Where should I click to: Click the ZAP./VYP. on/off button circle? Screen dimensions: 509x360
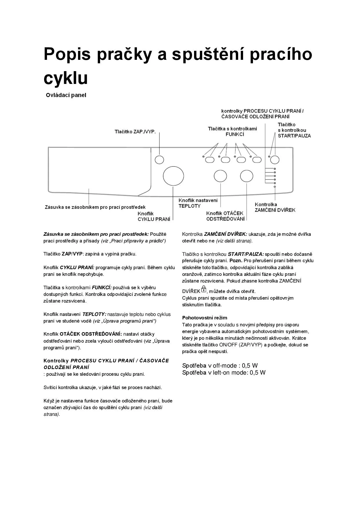click(x=159, y=160)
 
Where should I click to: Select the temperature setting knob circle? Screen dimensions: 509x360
click(x=220, y=176)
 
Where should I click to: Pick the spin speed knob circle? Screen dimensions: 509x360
click(x=246, y=176)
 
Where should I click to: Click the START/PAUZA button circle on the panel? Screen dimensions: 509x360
click(x=275, y=159)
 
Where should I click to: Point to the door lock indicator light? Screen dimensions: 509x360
click(x=274, y=187)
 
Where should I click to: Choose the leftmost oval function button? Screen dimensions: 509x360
click(x=210, y=160)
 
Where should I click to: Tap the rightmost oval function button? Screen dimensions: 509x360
click(x=257, y=160)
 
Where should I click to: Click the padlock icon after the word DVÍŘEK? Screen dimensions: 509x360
click(x=204, y=289)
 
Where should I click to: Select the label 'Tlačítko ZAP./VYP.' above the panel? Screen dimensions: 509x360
click(x=135, y=132)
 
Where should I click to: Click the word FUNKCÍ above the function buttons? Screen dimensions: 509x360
click(x=235, y=134)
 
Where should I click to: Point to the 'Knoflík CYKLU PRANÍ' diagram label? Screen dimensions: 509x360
click(x=154, y=217)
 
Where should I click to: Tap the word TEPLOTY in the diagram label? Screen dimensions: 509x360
click(x=189, y=206)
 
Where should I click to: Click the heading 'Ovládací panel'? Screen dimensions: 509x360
click(x=66, y=95)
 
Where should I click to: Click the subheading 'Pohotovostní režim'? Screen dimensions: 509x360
click(x=205, y=318)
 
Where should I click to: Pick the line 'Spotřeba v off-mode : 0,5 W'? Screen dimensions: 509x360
click(x=220, y=366)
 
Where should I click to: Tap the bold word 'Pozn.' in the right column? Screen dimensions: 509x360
click(x=236, y=261)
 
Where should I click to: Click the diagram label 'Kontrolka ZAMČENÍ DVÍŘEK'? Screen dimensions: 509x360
click(x=275, y=207)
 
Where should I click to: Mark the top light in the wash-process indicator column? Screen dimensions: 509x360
click(x=274, y=169)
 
